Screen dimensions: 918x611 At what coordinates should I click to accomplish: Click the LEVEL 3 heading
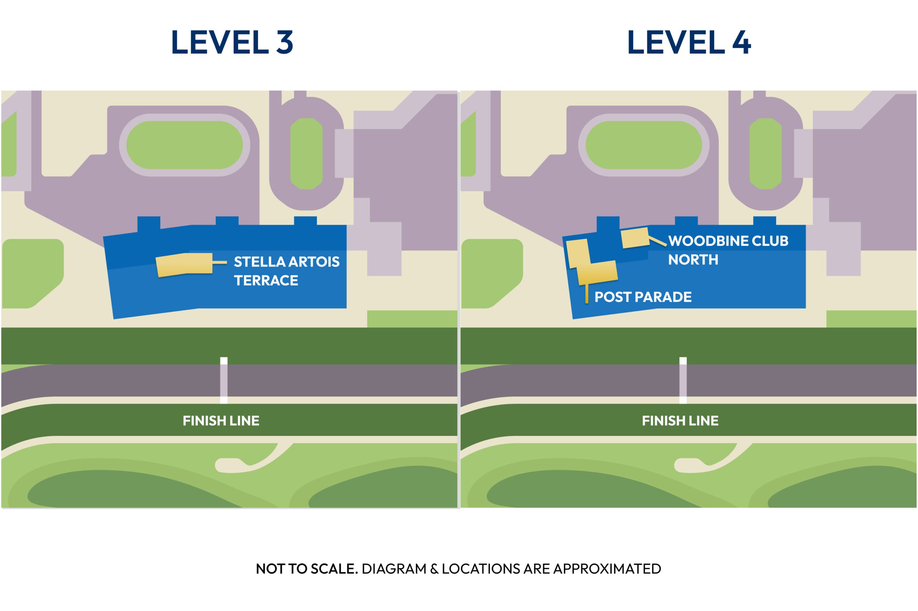[x=232, y=42]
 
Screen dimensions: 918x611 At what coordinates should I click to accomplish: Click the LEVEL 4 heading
[x=688, y=42]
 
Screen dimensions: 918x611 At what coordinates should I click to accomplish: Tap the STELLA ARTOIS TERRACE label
[x=287, y=271]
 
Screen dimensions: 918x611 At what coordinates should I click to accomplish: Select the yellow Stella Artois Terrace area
[x=184, y=265]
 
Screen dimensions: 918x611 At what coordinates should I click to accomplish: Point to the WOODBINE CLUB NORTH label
[x=728, y=250]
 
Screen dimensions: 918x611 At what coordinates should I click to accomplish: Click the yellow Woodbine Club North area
[x=635, y=238]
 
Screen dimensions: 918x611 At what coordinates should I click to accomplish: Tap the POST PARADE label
[x=643, y=297]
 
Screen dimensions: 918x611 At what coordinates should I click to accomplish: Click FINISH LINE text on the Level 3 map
[x=221, y=421]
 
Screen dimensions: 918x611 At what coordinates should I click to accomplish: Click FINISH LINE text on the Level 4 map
[x=680, y=421]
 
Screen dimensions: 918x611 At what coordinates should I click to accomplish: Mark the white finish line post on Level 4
[x=683, y=380]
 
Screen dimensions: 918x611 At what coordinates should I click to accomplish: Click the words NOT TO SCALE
[x=307, y=569]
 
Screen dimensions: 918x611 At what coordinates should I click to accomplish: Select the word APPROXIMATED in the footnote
[x=607, y=569]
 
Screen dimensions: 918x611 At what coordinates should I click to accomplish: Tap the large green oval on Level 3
[x=185, y=145]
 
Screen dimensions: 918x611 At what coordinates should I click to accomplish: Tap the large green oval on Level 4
[x=644, y=145]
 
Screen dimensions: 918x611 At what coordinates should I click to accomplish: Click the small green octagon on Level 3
[x=307, y=154]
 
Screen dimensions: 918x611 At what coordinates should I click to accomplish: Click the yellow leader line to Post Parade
[x=587, y=294]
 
